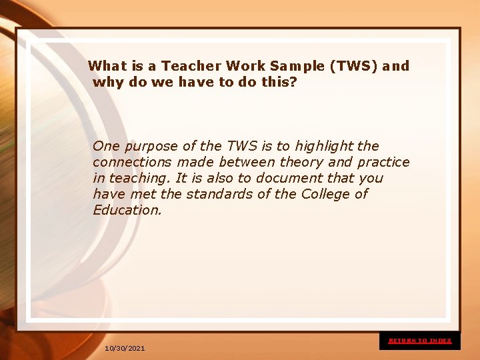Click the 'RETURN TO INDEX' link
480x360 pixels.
point(420,341)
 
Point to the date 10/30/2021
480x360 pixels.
point(125,349)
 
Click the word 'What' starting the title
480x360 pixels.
point(107,66)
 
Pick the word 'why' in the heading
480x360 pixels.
point(107,83)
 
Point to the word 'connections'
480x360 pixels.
point(133,162)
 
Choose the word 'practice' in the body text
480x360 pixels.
point(383,162)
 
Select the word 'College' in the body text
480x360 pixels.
point(325,194)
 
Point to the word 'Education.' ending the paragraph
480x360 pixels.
point(127,210)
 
